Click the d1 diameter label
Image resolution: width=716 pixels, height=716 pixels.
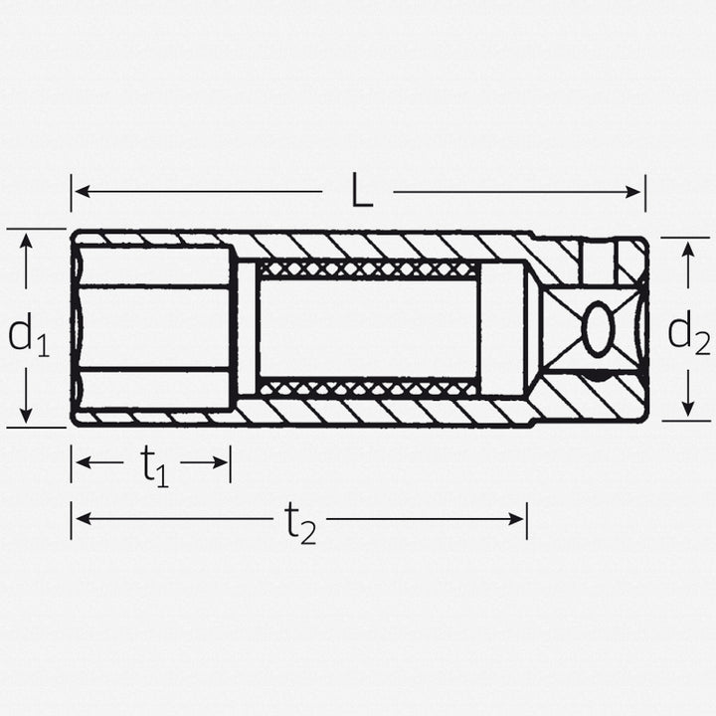[x=28, y=335]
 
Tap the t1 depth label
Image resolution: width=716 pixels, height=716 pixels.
[x=154, y=464]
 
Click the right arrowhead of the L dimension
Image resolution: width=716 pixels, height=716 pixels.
[x=635, y=191]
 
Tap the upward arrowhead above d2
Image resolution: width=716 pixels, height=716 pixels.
[x=686, y=251]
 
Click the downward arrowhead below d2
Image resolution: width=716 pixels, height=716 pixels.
[x=686, y=408]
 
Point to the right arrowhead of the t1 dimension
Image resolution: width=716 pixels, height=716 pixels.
[x=221, y=462]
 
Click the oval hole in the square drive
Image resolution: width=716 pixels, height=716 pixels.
[x=599, y=329]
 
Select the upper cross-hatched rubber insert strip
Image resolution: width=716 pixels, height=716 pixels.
[x=367, y=268]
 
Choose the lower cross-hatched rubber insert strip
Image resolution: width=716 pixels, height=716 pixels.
[x=367, y=388]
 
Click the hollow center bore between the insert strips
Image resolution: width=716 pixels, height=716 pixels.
[x=367, y=328]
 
